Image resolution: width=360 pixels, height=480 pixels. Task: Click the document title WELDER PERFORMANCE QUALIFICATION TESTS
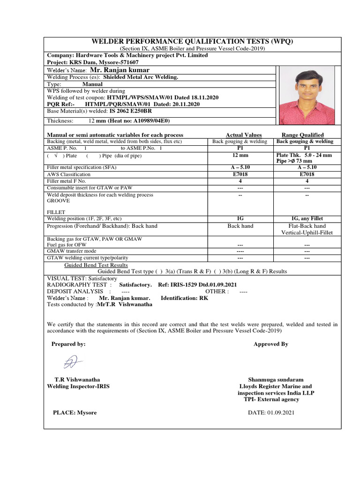coord(192,41)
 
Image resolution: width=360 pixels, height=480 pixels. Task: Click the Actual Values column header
coord(244,135)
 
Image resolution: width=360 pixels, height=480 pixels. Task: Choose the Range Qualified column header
coord(302,135)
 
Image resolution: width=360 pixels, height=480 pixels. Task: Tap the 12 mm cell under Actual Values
coord(240,155)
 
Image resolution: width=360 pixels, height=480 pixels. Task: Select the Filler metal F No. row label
coord(67,181)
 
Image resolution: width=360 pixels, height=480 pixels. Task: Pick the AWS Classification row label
coord(69,174)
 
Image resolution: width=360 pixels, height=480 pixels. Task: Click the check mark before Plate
coord(56,155)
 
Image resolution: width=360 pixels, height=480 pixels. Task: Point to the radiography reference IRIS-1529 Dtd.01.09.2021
coord(204,285)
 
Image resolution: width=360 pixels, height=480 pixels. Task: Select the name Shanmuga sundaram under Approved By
coord(276,380)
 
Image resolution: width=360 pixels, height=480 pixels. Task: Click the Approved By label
coord(270,344)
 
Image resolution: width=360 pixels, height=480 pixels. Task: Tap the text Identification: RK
coord(185,298)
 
